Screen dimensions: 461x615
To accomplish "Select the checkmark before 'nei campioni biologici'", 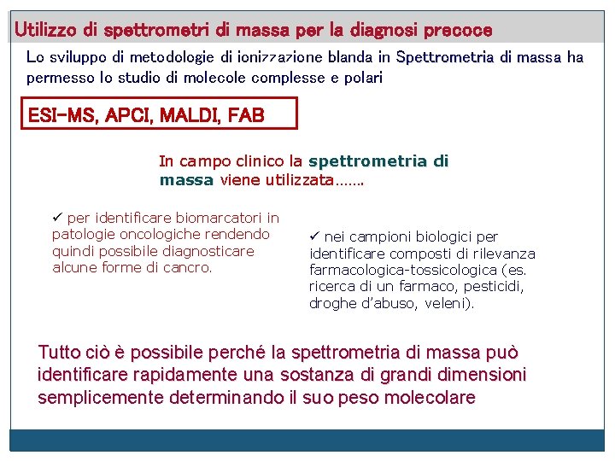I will [x=314, y=236].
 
